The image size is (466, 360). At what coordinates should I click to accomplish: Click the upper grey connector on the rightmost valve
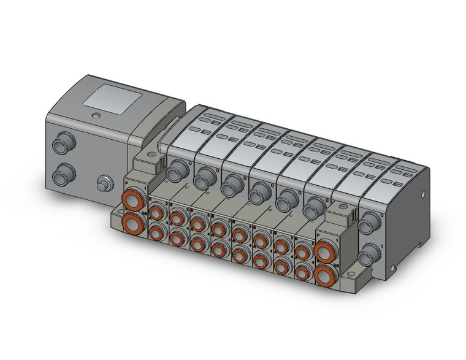point(368,226)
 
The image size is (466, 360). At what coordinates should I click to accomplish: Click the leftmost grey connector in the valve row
point(177,170)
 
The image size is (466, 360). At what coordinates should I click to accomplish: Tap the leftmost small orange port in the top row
point(156,212)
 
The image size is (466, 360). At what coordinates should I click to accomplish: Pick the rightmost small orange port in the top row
point(302,251)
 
